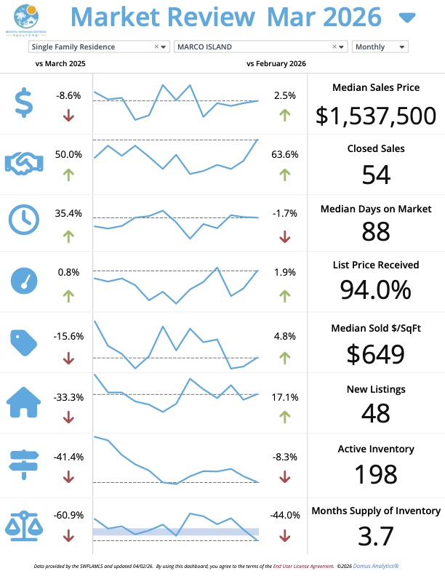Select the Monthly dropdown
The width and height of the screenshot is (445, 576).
[380, 47]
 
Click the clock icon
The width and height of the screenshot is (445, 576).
[25, 219]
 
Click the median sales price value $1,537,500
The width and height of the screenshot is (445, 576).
[376, 115]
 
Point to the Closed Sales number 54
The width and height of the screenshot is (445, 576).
[376, 175]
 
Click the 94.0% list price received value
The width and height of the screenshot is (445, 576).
[376, 289]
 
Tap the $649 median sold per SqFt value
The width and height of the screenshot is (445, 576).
[376, 353]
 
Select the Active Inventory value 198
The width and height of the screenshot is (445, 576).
[376, 474]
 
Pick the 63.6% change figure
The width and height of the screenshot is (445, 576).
[285, 154]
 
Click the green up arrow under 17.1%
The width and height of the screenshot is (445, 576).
[285, 417]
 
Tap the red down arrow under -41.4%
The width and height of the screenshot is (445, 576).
[69, 477]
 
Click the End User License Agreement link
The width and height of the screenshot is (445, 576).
[300, 565]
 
